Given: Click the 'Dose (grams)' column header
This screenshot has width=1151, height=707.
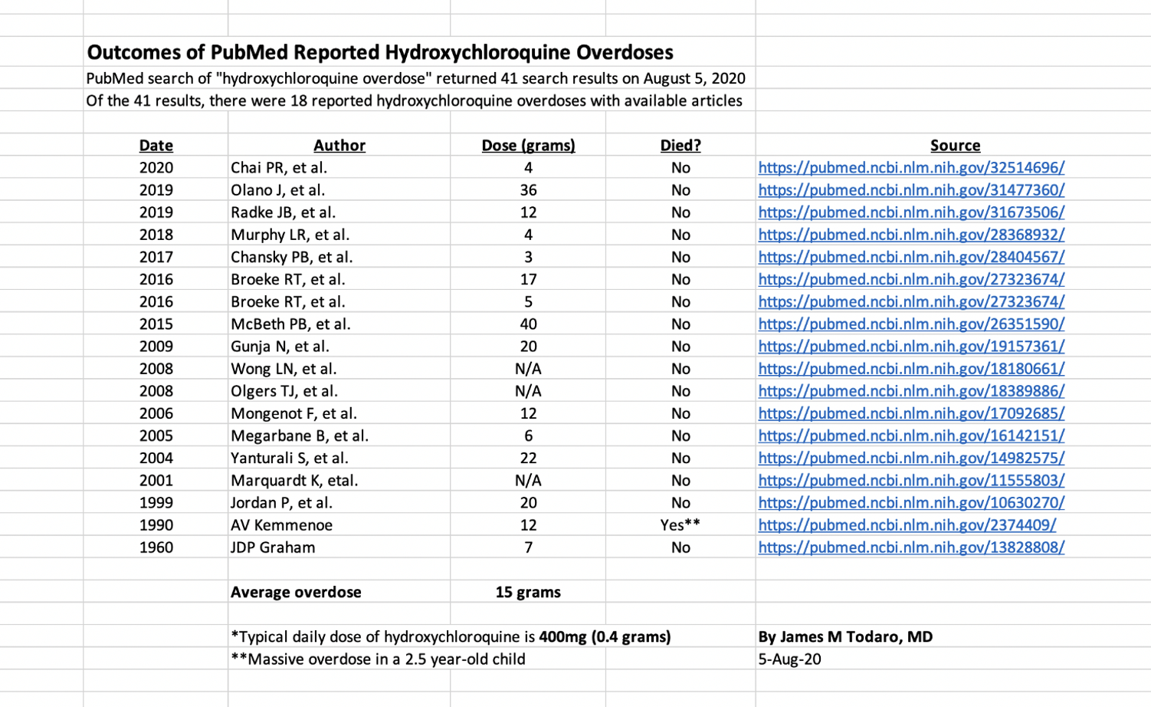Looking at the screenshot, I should point(528,145).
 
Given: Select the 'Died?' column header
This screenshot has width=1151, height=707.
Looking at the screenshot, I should point(680,145).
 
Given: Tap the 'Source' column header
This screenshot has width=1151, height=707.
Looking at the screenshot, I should point(955,145).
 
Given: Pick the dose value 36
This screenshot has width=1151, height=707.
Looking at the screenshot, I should point(528,190).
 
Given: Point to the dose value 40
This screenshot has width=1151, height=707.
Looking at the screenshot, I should point(528,324).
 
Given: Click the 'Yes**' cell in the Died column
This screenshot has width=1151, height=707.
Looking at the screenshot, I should point(680,525).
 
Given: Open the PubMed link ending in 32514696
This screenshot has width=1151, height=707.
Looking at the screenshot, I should point(911,168).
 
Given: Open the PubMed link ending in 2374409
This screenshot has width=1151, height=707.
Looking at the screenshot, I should point(907,525).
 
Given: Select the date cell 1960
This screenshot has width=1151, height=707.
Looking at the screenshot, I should point(156,548).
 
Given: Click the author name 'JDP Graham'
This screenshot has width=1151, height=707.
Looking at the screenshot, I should point(273,548).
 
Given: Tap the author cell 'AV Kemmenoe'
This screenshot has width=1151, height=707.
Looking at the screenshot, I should point(281,525).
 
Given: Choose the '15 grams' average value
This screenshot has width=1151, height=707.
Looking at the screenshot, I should point(528,592).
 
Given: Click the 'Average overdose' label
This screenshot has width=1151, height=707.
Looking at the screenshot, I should point(296,592).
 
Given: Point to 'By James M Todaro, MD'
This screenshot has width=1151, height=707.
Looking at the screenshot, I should point(845,636).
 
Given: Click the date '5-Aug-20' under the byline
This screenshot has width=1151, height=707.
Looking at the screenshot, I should point(789,659).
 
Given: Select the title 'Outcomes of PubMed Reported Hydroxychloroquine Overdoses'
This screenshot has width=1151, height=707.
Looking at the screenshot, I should point(380,52).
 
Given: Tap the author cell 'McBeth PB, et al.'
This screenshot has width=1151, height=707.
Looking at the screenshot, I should point(290,324).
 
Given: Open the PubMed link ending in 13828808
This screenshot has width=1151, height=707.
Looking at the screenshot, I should point(911,548).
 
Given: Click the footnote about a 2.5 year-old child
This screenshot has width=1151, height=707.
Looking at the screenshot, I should point(378,659).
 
